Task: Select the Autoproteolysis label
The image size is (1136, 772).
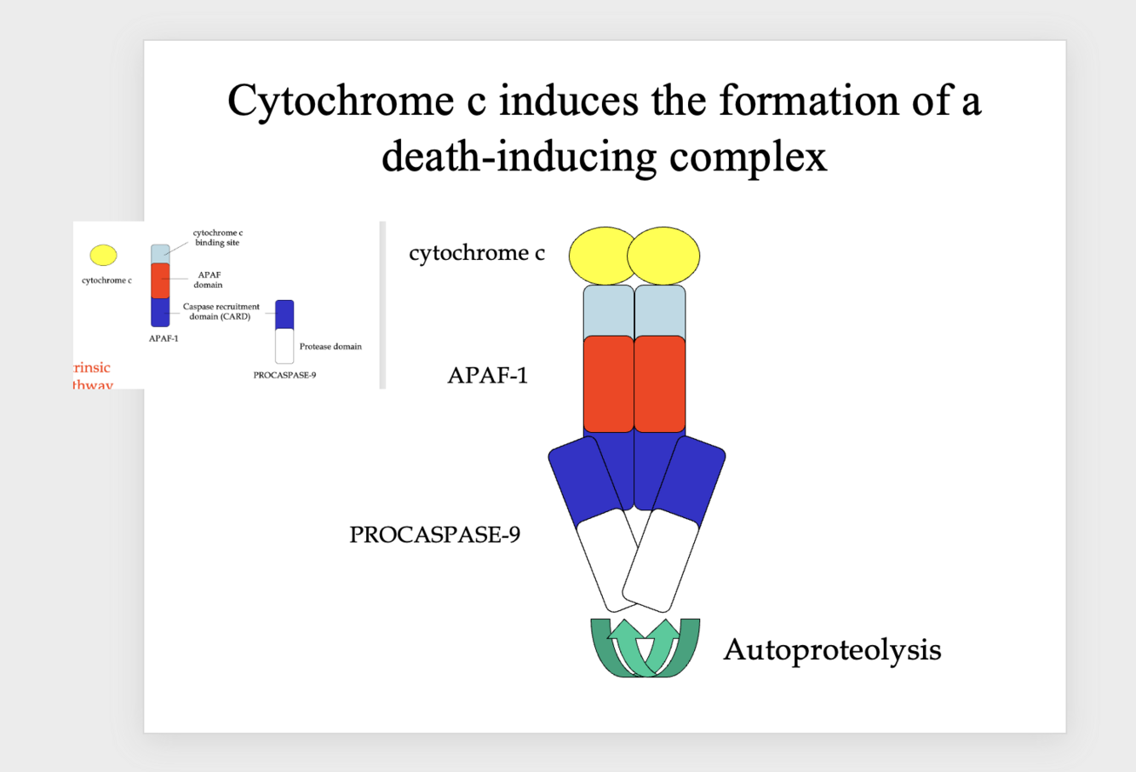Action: pyautogui.click(x=832, y=649)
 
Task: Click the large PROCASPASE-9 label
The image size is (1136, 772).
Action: pyautogui.click(x=434, y=534)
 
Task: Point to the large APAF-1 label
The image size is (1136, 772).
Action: pyautogui.click(x=487, y=375)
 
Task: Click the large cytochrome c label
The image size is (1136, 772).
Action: pyautogui.click(x=476, y=253)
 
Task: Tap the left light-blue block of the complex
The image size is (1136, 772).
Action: pyautogui.click(x=608, y=311)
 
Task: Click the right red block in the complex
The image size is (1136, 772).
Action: pyautogui.click(x=660, y=383)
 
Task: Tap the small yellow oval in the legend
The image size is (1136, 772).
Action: pyautogui.click(x=104, y=255)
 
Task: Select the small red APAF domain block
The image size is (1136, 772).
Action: pyautogui.click(x=160, y=279)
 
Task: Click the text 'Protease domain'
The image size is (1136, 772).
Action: pyautogui.click(x=330, y=346)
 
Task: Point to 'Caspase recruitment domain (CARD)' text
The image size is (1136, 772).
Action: pyautogui.click(x=221, y=311)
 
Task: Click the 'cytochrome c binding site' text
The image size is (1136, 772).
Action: pyautogui.click(x=217, y=237)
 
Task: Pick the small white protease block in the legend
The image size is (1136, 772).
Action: pyautogui.click(x=284, y=346)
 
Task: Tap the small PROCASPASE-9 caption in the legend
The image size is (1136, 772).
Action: pyautogui.click(x=284, y=375)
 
